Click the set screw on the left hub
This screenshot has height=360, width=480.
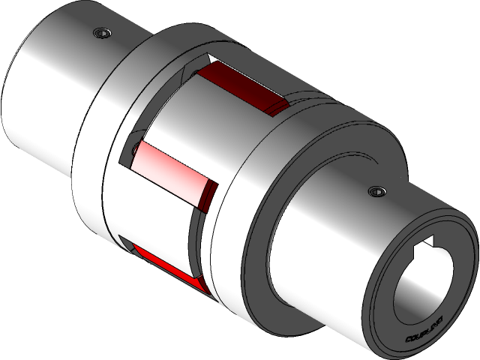tap(102, 33)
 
